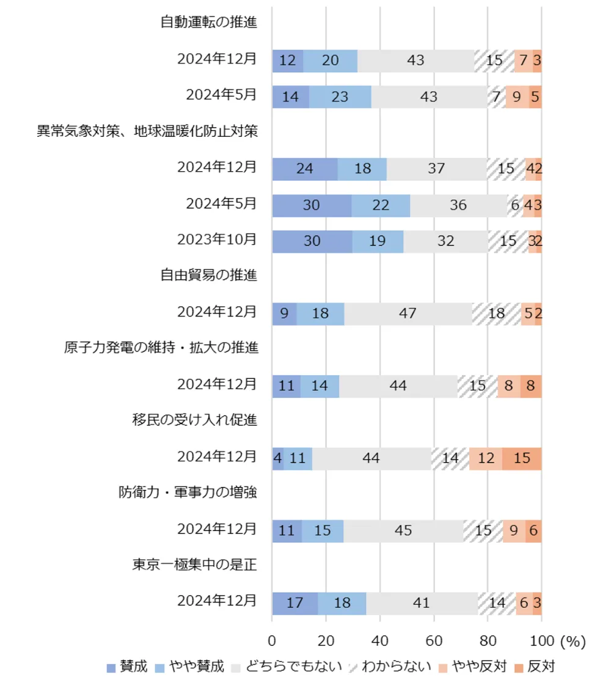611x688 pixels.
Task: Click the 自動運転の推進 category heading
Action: click(x=208, y=23)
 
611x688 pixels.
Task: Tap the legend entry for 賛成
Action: click(x=127, y=667)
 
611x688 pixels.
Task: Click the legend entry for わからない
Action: click(x=390, y=667)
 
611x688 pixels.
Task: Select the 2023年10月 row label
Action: click(x=217, y=240)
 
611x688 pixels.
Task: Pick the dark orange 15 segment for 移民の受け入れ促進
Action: click(x=522, y=458)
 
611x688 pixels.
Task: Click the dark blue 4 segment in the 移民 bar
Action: click(x=277, y=458)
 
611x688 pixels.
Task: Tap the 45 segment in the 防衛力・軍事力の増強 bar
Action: click(x=403, y=530)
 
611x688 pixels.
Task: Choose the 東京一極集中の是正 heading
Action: click(x=194, y=564)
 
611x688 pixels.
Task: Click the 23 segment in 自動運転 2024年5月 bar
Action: click(x=340, y=97)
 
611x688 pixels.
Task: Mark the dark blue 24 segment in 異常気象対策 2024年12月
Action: click(x=304, y=169)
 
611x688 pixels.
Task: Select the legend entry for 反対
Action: click(x=535, y=667)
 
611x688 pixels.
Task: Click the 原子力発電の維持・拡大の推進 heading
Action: click(x=160, y=348)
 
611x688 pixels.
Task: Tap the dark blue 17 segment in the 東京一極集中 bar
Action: click(x=295, y=602)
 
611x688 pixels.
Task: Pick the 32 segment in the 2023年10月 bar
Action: click(x=446, y=241)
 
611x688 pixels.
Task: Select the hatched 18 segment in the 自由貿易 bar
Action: click(x=496, y=313)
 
